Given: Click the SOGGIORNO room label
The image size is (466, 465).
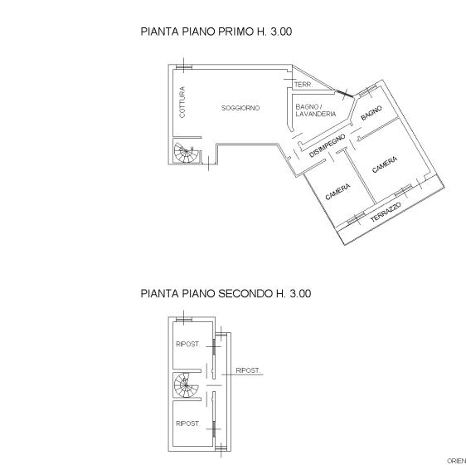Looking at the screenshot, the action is click(240, 108).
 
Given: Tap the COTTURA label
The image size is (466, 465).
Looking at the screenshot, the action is click(182, 102).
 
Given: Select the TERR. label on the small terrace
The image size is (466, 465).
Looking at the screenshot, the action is click(303, 85).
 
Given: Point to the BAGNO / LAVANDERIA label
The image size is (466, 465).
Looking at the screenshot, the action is click(316, 110).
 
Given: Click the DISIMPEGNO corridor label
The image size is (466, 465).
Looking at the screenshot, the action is click(328, 145).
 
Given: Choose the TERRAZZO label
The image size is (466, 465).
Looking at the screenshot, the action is click(386, 212).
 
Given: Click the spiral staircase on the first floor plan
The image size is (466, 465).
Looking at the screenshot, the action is click(186, 153).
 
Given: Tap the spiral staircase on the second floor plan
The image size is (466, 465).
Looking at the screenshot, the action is click(186, 385).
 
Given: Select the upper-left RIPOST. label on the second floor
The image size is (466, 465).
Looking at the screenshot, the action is click(188, 344).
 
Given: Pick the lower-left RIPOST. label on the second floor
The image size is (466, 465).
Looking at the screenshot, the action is click(188, 423).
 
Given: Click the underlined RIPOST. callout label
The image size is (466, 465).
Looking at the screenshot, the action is click(248, 370).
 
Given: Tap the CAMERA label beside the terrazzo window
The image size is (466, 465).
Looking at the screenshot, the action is click(385, 164).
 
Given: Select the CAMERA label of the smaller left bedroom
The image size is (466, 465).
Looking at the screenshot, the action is click(338, 192).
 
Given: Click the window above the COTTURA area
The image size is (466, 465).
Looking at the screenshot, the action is click(184, 67).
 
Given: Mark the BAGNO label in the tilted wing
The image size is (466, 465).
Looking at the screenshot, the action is click(371, 113).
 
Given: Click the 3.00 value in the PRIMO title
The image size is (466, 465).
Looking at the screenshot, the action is click(281, 32).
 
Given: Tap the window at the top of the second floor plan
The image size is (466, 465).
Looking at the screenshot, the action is click(184, 320).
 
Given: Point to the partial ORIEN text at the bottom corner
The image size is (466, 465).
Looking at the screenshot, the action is click(457, 461).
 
